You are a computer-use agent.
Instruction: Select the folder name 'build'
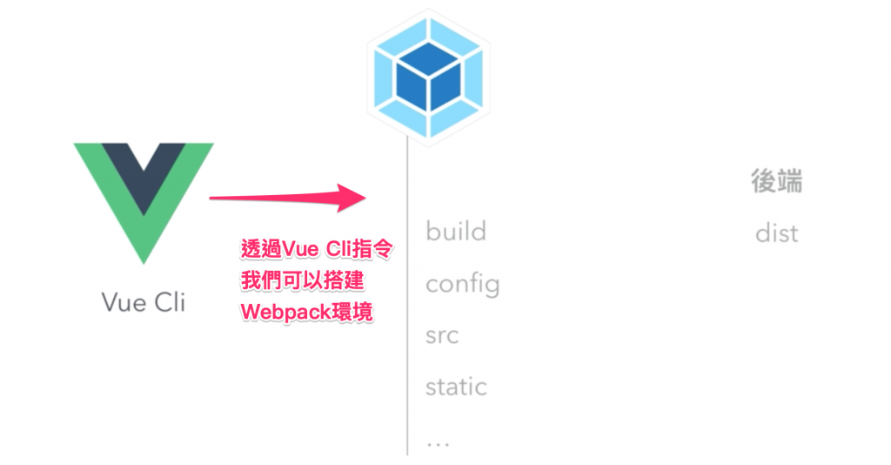tap(456, 232)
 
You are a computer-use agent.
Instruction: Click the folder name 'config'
tap(462, 284)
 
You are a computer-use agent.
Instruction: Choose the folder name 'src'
tap(442, 335)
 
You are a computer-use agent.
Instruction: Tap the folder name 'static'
tap(456, 387)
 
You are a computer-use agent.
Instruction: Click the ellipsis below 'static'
tap(438, 441)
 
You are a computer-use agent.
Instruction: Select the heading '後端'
tap(776, 181)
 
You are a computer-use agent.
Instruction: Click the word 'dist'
tap(776, 233)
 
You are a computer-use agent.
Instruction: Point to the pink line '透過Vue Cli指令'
tap(317, 251)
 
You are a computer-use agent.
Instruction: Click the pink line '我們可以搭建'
tap(302, 281)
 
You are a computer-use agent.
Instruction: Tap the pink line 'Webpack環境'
tap(306, 311)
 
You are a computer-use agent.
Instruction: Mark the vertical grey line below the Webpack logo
tap(407, 305)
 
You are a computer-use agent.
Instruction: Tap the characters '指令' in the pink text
tap(377, 251)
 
